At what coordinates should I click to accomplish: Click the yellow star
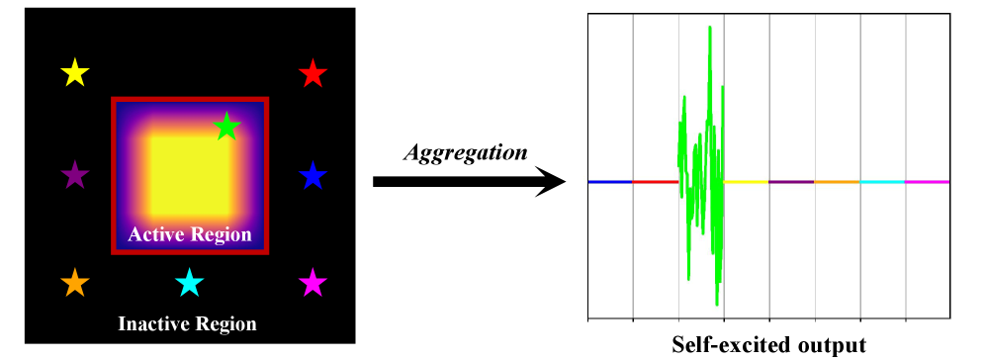(x=75, y=73)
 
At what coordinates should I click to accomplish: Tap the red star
(x=313, y=73)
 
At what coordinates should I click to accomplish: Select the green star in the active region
(x=226, y=126)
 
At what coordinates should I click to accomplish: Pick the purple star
(x=75, y=177)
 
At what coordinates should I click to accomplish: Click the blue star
(x=313, y=177)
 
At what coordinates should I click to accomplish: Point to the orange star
(x=75, y=284)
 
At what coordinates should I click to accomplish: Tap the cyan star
(x=189, y=284)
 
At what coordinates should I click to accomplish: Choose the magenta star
(x=313, y=284)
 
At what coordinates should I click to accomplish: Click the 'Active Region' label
(x=189, y=236)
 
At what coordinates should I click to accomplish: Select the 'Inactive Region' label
(x=187, y=323)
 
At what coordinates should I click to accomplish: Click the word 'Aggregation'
(x=465, y=152)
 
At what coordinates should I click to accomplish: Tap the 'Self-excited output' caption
(x=768, y=345)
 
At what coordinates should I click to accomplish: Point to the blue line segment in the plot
(x=610, y=182)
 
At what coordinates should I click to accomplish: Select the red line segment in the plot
(x=655, y=182)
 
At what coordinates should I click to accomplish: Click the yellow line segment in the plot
(x=747, y=182)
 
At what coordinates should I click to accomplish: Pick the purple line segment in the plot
(x=791, y=182)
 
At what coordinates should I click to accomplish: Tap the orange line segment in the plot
(x=837, y=182)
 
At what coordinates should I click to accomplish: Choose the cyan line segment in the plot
(x=882, y=182)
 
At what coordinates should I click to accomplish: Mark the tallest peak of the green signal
(x=710, y=28)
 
